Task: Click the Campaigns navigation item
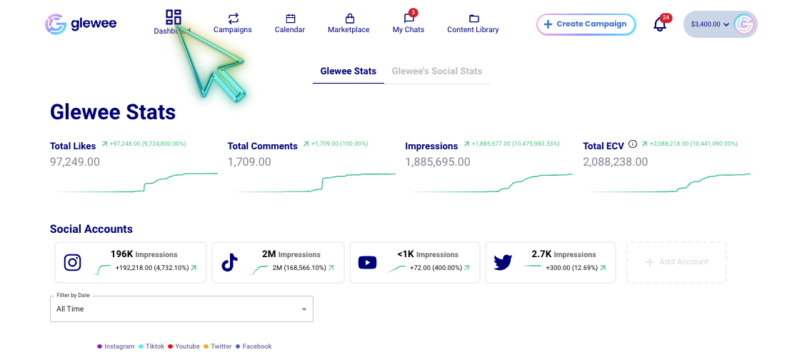pos(233,23)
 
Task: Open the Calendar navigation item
pos(290,23)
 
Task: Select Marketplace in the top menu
pos(349,23)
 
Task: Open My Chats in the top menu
pos(408,23)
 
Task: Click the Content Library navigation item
pos(473,23)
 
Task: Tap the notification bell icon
pos(660,24)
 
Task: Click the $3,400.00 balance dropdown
pos(710,24)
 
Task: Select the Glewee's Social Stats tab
pos(437,71)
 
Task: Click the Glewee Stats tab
pos(349,71)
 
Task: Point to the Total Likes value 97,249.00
pos(75,162)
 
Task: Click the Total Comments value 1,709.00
pos(249,162)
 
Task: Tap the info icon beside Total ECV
pos(633,145)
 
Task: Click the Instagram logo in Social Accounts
pos(73,262)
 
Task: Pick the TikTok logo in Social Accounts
pos(229,262)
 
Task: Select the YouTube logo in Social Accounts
pos(367,262)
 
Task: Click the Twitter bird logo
pos(503,262)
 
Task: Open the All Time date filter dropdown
pos(181,309)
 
